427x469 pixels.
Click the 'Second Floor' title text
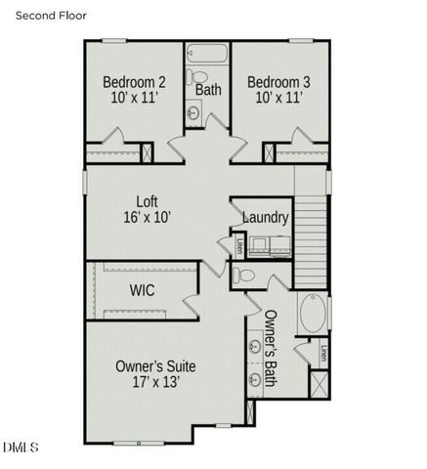pyautogui.click(x=48, y=16)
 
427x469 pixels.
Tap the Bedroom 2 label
pyautogui.click(x=134, y=89)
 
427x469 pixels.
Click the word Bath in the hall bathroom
pyautogui.click(x=208, y=90)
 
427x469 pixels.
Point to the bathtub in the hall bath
pyautogui.click(x=206, y=54)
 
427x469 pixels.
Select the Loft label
pyautogui.click(x=149, y=208)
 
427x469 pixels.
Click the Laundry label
pyautogui.click(x=265, y=217)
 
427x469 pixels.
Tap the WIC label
pyautogui.click(x=143, y=290)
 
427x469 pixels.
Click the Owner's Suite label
pyautogui.click(x=156, y=373)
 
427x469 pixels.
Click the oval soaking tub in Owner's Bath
pyautogui.click(x=313, y=315)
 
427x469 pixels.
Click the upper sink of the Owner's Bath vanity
pyautogui.click(x=255, y=347)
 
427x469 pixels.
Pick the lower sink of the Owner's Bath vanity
pyautogui.click(x=255, y=379)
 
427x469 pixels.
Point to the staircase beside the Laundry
pyautogui.click(x=310, y=235)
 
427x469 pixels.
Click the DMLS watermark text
pyautogui.click(x=21, y=448)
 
